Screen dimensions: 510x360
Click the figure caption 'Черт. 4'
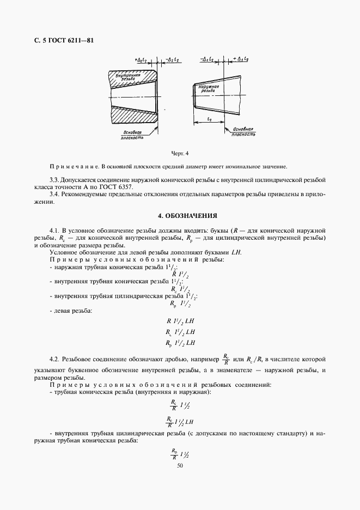point(179,153)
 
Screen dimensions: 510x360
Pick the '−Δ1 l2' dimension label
point(208,58)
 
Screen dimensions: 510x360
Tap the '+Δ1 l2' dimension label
point(241,58)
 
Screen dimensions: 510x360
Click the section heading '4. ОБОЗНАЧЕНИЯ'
point(179,215)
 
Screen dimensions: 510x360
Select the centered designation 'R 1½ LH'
point(179,321)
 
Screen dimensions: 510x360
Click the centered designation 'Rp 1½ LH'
point(179,343)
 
